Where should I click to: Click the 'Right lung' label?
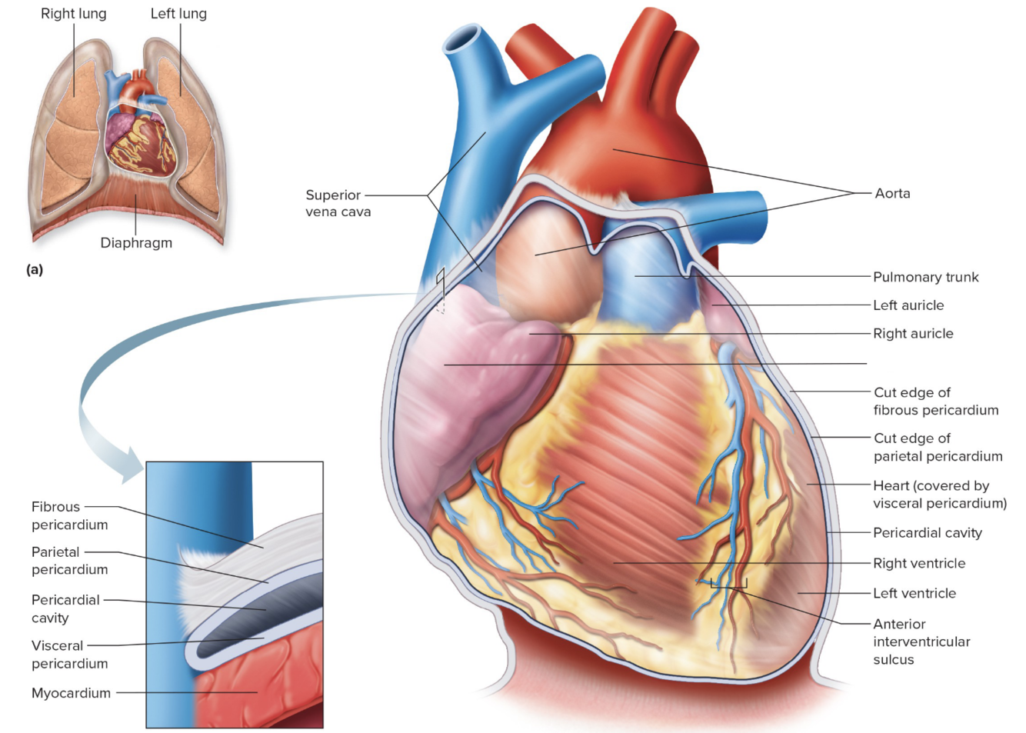[x=73, y=14]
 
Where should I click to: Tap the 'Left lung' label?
[x=178, y=14]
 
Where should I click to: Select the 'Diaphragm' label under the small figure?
[x=136, y=243]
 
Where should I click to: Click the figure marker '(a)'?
[x=35, y=269]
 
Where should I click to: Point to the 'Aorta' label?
[x=892, y=193]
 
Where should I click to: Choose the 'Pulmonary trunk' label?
[x=925, y=277]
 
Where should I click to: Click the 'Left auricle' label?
[x=908, y=305]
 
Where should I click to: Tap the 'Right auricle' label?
[x=913, y=333]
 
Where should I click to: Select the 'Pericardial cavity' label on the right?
[x=927, y=532]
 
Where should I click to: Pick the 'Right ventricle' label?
[x=919, y=563]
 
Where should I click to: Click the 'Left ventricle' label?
[x=914, y=593]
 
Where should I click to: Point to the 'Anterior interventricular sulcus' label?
[x=921, y=641]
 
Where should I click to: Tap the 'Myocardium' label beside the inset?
[x=71, y=693]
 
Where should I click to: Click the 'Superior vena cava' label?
[x=338, y=203]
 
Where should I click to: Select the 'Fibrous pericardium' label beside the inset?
[x=69, y=515]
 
